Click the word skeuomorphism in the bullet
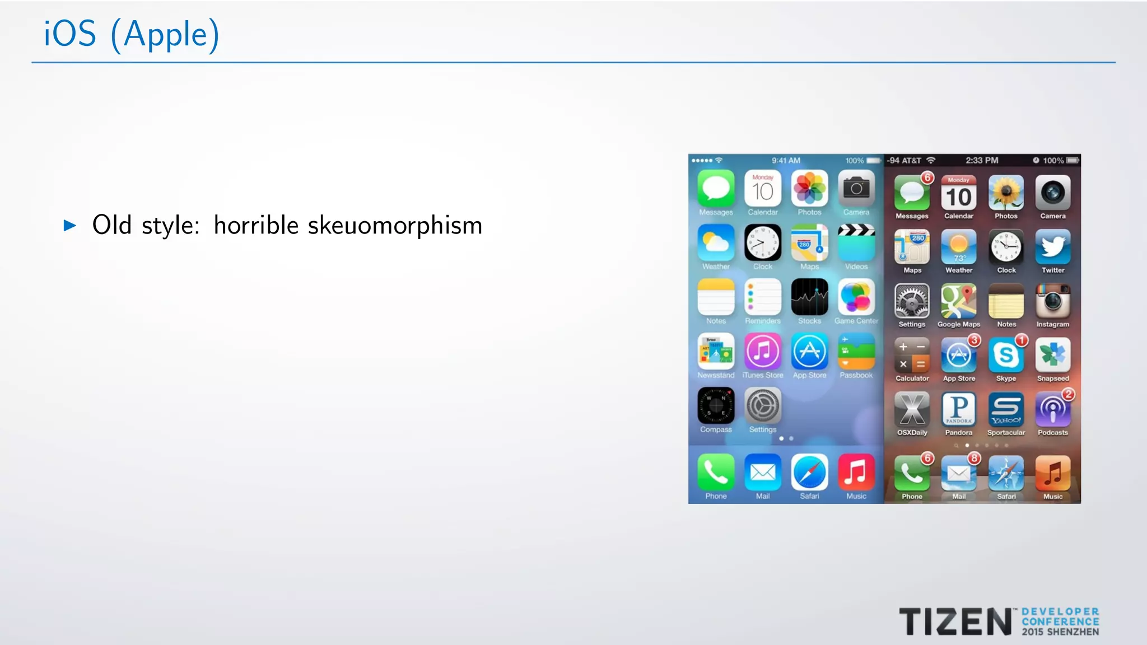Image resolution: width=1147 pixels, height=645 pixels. tap(395, 226)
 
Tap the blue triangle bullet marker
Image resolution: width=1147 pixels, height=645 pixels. tap(70, 226)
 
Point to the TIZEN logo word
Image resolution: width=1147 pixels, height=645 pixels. tap(955, 622)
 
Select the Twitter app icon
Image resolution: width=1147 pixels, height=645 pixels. tap(1053, 247)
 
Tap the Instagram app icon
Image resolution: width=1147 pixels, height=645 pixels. tap(1053, 301)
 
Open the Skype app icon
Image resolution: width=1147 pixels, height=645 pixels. tap(1006, 355)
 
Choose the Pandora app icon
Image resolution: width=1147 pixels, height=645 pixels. tap(959, 409)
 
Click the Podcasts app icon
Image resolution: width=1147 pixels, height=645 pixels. tap(1053, 409)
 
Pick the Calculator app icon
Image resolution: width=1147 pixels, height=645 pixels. tap(912, 355)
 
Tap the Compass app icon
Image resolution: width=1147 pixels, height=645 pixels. tap(716, 406)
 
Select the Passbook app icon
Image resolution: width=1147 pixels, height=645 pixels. tap(856, 352)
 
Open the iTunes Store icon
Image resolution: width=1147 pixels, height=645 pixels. tap(763, 352)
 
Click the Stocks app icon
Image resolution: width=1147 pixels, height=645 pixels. tap(809, 297)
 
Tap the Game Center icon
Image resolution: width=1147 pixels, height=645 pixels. tap(856, 297)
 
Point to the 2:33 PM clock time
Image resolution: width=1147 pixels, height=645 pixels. tap(982, 161)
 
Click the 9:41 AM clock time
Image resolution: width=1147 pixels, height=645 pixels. tap(786, 161)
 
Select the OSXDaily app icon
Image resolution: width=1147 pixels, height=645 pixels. tap(912, 409)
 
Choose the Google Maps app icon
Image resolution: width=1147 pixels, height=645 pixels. tap(959, 301)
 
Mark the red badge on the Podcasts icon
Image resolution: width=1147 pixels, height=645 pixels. tap(1069, 394)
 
